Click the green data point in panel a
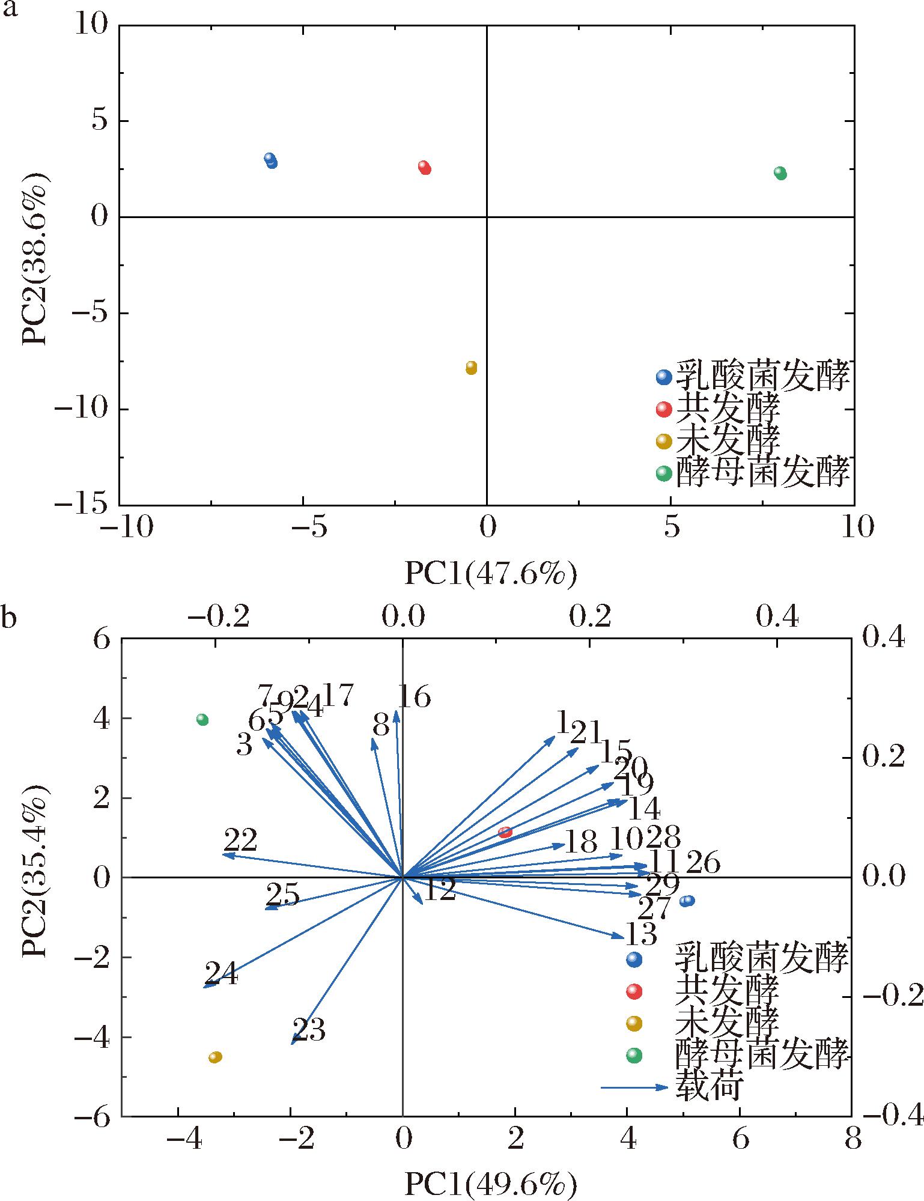[x=780, y=173]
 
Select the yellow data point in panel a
[x=471, y=368]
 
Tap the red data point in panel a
[x=425, y=168]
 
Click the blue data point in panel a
[x=271, y=160]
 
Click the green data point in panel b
[x=202, y=720]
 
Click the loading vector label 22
[x=241, y=840]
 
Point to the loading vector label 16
[x=415, y=698]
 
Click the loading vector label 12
[x=440, y=890]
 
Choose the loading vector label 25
[x=282, y=895]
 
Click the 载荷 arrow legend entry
[x=634, y=1087]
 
